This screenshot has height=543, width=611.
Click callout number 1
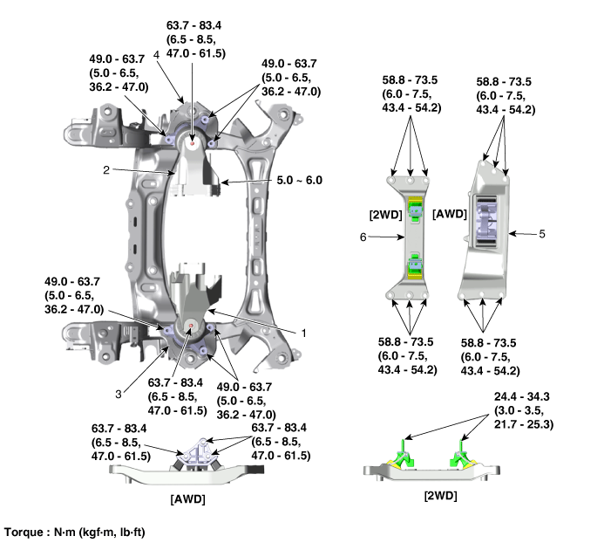click(304, 333)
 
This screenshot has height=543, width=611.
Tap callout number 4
click(155, 53)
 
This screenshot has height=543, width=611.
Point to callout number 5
click(543, 234)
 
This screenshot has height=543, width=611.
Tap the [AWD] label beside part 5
click(450, 214)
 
